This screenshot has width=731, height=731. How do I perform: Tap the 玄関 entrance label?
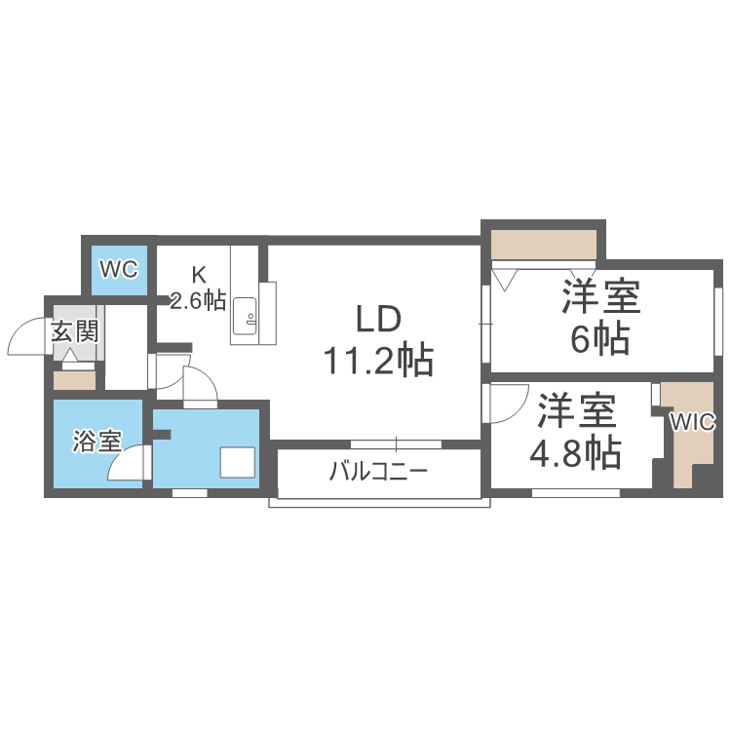pyautogui.click(x=74, y=331)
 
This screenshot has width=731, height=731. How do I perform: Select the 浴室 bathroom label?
pyautogui.click(x=96, y=441)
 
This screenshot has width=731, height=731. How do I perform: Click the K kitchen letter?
pyautogui.click(x=198, y=274)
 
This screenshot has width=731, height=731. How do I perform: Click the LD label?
pyautogui.click(x=377, y=320)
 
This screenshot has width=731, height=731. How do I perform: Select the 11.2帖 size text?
pyautogui.click(x=378, y=362)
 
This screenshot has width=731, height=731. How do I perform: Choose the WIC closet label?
pyautogui.click(x=693, y=422)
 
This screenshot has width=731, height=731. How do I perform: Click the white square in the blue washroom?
pyautogui.click(x=237, y=462)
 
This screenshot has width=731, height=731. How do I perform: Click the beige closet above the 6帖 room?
pyautogui.click(x=543, y=243)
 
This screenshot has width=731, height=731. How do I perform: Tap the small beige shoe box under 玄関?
pyautogui.click(x=74, y=380)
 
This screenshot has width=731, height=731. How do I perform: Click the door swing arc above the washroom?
pyautogui.click(x=200, y=385)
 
